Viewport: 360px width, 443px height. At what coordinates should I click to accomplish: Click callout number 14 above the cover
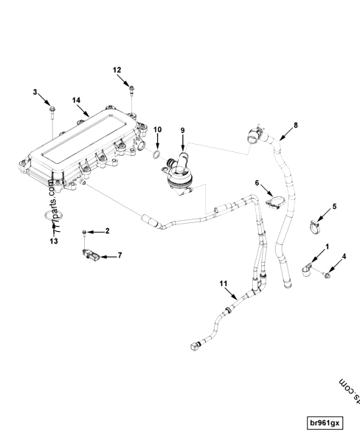pos(77,99)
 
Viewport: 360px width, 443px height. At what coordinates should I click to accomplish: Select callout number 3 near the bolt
pos(35,92)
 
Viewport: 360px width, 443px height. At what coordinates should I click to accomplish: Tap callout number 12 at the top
pos(117,69)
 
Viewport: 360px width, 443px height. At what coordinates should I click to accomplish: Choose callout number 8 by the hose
pos(296,125)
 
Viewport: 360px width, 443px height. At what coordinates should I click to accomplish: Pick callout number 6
pos(257,182)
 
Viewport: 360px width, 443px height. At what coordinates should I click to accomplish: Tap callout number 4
pos(344,257)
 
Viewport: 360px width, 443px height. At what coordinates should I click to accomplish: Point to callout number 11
pos(224,283)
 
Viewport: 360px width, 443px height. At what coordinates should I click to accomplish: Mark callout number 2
pos(107,231)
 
